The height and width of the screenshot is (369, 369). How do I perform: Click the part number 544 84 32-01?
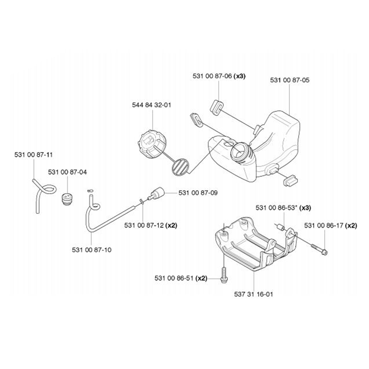click(151, 105)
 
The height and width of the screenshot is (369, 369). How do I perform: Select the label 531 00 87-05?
click(289, 80)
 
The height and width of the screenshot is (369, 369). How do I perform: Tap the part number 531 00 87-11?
click(33, 155)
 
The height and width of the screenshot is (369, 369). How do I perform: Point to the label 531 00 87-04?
click(68, 172)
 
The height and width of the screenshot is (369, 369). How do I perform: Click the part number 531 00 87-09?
click(198, 193)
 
